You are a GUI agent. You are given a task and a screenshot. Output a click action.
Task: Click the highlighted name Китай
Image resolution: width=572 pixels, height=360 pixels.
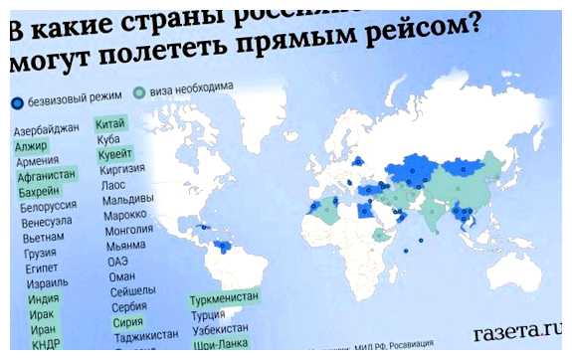(109, 123)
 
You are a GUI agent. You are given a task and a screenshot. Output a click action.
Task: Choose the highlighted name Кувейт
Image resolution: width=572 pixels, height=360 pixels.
(115, 154)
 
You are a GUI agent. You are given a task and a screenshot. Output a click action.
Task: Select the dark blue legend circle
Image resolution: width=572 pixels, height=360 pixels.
(17, 103)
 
